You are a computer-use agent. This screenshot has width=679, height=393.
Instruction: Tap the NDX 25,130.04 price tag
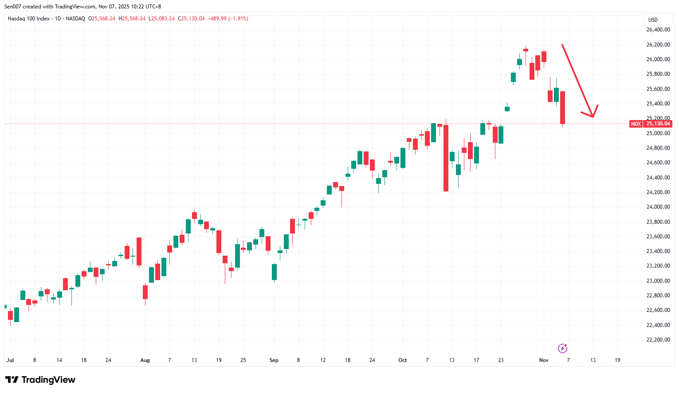650,124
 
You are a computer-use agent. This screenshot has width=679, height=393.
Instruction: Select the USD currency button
653,20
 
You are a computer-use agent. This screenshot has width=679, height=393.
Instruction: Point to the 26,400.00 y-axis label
658,30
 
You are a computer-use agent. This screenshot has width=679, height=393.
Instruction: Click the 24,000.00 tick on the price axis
658,207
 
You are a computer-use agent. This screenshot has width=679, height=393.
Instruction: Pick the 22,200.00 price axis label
658,340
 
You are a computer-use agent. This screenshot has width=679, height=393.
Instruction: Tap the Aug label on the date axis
145,360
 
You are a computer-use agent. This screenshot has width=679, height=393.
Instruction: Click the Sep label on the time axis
274,360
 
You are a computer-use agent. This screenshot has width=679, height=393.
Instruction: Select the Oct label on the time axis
402,360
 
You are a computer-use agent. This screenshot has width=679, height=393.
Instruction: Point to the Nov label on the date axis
544,360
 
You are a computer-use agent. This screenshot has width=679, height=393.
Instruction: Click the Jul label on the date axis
10,360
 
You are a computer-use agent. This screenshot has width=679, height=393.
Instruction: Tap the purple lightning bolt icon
562,348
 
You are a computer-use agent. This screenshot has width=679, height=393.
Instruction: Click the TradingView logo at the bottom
40,380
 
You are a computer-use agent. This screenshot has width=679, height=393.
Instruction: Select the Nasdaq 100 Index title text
29,19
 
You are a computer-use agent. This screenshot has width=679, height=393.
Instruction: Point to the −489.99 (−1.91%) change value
228,19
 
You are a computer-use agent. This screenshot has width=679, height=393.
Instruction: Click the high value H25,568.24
132,19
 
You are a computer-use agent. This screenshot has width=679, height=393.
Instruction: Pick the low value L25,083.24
161,19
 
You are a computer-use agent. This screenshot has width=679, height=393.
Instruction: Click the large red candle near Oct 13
446,158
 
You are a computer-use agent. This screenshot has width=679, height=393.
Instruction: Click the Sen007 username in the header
13,7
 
